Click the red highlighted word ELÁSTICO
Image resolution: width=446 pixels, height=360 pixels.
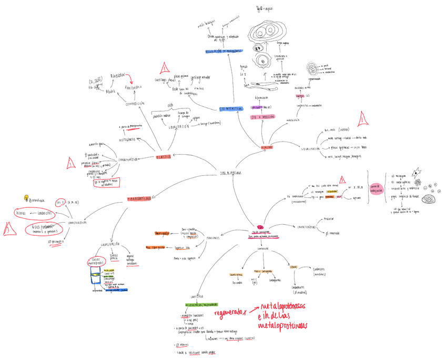pyautogui.click(x=163, y=156)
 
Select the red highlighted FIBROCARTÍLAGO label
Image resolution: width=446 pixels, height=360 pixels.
pyautogui.click(x=139, y=199)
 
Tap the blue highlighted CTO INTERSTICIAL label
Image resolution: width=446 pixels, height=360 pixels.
pyautogui.click(x=231, y=109)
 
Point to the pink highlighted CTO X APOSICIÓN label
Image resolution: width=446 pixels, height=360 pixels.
pyautogui.click(x=262, y=117)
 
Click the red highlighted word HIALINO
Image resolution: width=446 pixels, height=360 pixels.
pyautogui.click(x=267, y=147)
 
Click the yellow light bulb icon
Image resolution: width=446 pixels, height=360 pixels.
pyautogui.click(x=26, y=198)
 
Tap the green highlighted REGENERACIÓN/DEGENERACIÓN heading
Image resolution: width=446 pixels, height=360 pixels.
pyautogui.click(x=201, y=305)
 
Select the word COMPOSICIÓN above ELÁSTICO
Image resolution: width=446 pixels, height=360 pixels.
pyautogui.click(x=135, y=104)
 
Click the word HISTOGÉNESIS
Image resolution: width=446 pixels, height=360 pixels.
pyautogui.click(x=127, y=140)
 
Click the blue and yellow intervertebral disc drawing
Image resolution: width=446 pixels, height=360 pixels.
pyautogui.click(x=96, y=275)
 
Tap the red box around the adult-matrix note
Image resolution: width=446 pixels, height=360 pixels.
pyautogui.click(x=107, y=183)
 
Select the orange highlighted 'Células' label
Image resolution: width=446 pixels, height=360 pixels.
pyautogui.click(x=293, y=267)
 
